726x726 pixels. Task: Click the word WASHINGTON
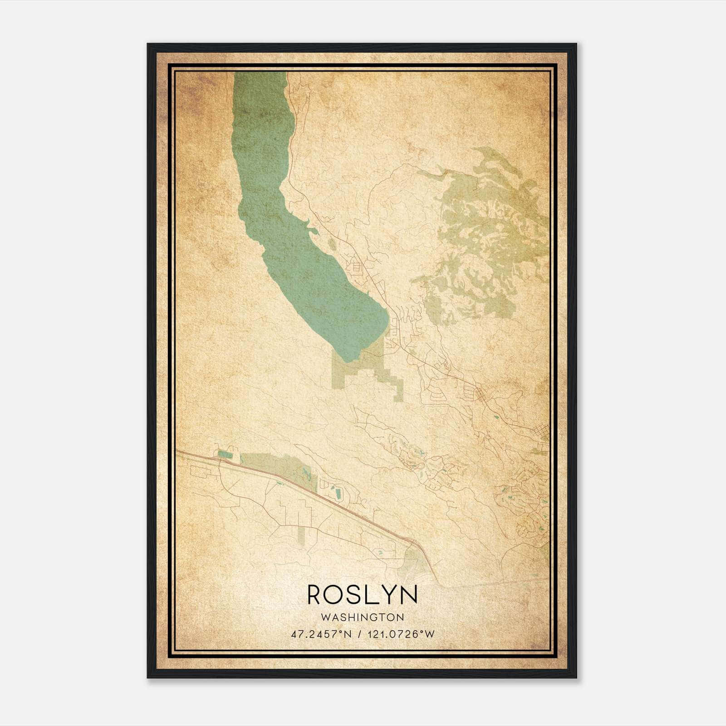coord(362,617)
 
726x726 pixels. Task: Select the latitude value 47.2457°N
coord(321,634)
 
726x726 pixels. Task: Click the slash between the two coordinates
coord(359,634)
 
